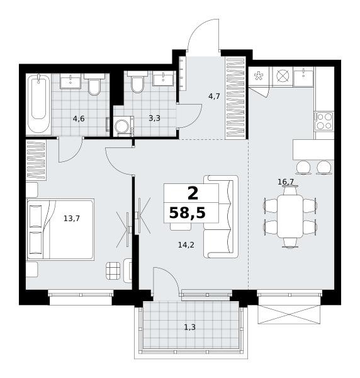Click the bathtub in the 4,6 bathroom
(38, 104)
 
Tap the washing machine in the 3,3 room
(123, 126)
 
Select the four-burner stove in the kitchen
(324, 121)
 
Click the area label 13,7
(72, 219)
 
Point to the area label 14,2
(186, 245)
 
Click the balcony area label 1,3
(189, 327)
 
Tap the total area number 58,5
(188, 213)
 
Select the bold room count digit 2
(193, 193)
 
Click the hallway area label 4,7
(214, 96)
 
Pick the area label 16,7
(286, 182)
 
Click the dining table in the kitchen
(290, 216)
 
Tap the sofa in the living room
(221, 217)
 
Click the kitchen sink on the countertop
(303, 77)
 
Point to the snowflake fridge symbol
(259, 76)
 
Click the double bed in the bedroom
(60, 229)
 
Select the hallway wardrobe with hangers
(235, 98)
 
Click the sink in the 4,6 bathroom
(70, 81)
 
